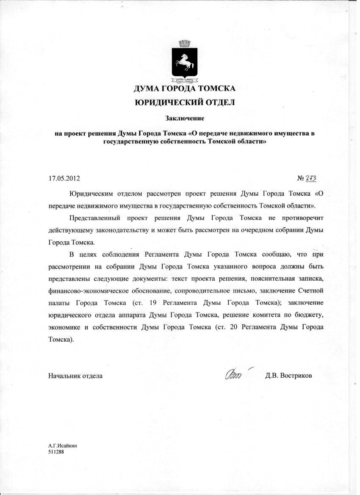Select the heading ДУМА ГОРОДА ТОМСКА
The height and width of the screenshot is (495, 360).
coord(184,89)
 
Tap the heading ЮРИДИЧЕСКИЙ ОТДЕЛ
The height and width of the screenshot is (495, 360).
coord(184,102)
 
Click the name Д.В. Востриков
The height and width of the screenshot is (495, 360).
coord(289,376)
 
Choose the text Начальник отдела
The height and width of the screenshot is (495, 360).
coord(75,376)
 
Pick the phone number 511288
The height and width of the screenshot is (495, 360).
coord(56,451)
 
